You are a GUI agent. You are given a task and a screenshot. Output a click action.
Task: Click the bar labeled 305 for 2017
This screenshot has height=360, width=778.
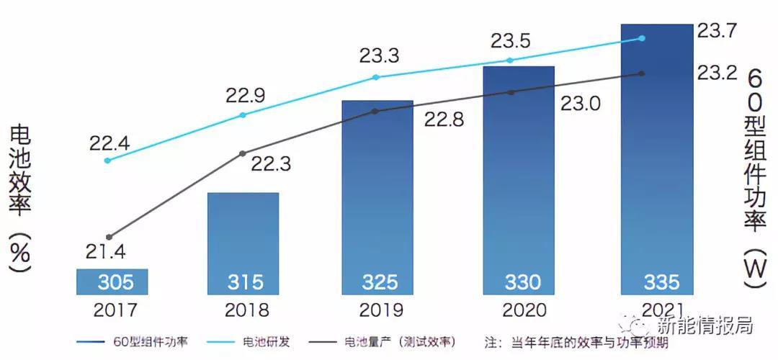[112, 282]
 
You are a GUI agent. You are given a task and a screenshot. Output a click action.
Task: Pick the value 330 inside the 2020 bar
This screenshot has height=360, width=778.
[519, 282]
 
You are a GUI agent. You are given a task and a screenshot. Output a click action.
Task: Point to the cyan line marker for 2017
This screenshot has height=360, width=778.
[108, 160]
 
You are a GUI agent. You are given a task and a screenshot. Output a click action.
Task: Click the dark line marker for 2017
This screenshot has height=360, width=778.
[109, 237]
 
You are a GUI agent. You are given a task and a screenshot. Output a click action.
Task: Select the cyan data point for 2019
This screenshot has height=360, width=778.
[375, 77]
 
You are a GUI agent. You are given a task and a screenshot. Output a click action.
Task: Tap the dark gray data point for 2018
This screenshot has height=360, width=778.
[243, 153]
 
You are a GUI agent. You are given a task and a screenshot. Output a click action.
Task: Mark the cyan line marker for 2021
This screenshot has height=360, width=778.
[642, 38]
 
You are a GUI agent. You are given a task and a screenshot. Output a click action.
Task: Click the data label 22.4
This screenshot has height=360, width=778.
[109, 143]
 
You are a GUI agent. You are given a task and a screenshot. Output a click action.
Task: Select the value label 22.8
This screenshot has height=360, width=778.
[439, 121]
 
